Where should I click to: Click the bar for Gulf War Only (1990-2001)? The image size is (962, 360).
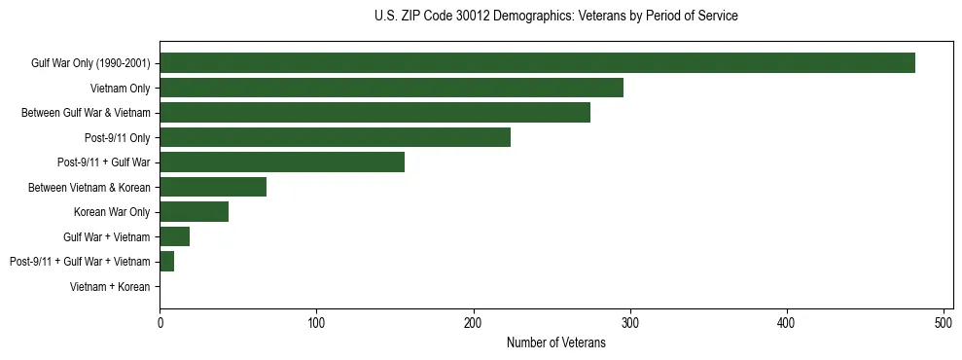click(x=537, y=63)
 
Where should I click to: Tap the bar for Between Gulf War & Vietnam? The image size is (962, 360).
click(x=374, y=113)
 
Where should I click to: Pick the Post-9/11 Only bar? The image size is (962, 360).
click(x=335, y=137)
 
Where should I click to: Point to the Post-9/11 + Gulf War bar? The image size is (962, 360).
click(x=282, y=162)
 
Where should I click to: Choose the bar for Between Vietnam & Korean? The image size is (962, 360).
click(x=213, y=187)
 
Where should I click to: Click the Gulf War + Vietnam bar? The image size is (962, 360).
click(x=174, y=236)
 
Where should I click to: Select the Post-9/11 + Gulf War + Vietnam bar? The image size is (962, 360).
click(x=166, y=262)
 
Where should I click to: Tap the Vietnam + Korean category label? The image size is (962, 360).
click(x=110, y=287)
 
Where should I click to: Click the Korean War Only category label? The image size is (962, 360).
click(x=112, y=212)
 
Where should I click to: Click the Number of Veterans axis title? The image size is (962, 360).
click(x=555, y=343)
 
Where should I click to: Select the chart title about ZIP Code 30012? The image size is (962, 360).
click(x=555, y=17)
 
